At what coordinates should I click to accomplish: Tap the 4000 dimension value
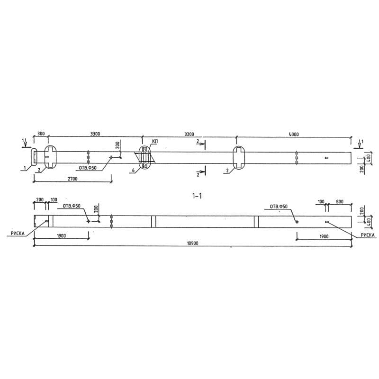pyautogui.click(x=293, y=135)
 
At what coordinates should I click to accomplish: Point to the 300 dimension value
pyautogui.click(x=41, y=135)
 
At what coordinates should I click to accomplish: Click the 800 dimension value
pyautogui.click(x=340, y=202)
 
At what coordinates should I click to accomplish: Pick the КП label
pyautogui.click(x=155, y=142)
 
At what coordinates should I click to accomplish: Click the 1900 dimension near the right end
pyautogui.click(x=324, y=236)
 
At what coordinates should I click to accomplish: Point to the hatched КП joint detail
pyautogui.click(x=144, y=157)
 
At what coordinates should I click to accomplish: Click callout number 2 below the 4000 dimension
pyautogui.click(x=228, y=171)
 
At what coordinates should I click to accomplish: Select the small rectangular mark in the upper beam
pyautogui.click(x=326, y=157)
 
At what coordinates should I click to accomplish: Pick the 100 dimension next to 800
pyautogui.click(x=321, y=202)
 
